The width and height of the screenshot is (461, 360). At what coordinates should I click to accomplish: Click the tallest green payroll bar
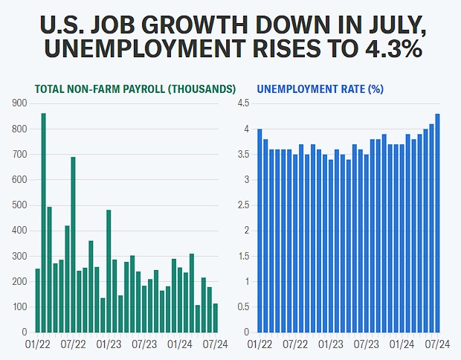click(44, 222)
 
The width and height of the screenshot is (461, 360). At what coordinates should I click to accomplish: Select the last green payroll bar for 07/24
click(216, 318)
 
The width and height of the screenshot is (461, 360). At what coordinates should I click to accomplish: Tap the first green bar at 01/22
click(38, 300)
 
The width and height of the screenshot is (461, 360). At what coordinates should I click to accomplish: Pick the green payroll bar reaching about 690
click(73, 245)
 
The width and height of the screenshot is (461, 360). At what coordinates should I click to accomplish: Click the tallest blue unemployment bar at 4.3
click(437, 223)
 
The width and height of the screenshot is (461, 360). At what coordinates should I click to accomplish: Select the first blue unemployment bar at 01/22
click(259, 231)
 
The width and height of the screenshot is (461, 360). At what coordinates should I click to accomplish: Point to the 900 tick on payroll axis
click(19, 103)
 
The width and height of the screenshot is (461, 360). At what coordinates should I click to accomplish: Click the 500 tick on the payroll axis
click(19, 205)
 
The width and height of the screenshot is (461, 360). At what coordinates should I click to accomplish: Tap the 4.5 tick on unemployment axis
click(243, 103)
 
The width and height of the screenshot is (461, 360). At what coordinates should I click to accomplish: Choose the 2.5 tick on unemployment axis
click(243, 205)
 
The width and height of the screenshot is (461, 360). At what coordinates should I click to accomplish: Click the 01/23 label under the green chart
click(109, 344)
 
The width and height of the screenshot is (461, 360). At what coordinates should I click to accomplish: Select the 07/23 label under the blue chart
click(367, 344)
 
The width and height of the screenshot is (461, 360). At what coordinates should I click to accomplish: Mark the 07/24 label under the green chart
click(215, 344)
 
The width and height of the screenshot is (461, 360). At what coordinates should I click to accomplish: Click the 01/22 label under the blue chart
click(260, 344)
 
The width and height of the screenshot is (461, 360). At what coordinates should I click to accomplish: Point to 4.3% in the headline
click(394, 48)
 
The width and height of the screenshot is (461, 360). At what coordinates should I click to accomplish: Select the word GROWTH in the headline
click(196, 25)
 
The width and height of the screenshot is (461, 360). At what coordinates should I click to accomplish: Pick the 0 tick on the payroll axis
click(25, 332)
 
